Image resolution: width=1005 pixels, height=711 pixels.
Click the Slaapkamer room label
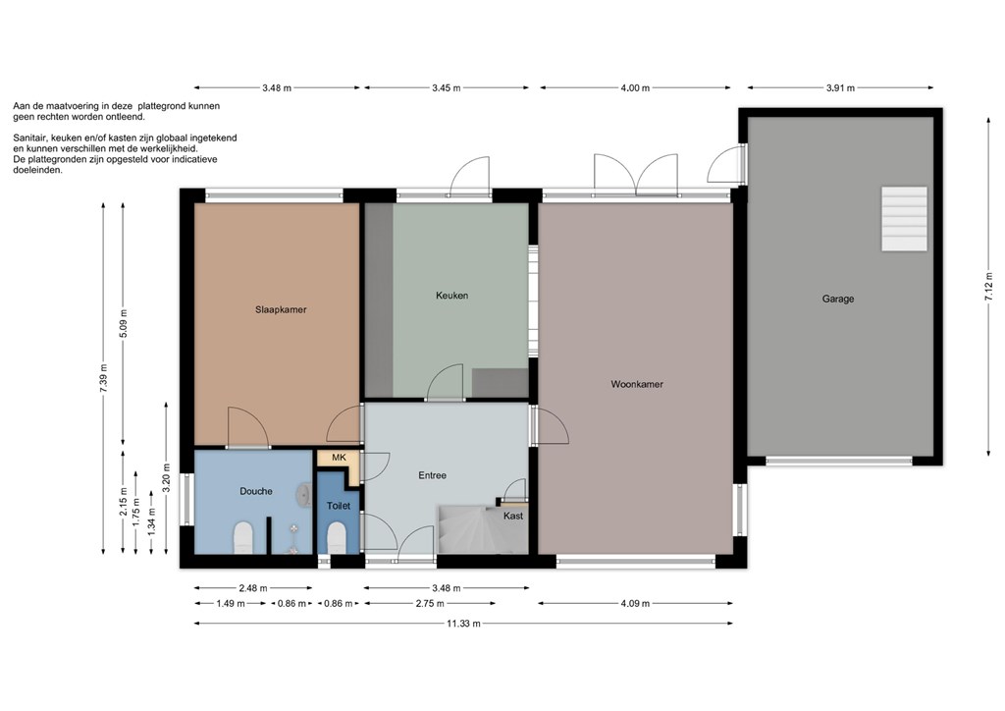tap(281, 309)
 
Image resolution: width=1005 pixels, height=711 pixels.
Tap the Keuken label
tap(451, 296)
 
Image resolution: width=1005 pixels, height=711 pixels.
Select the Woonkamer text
tap(636, 384)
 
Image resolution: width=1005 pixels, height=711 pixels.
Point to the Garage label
tap(838, 299)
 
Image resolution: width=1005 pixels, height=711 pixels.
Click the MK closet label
tap(339, 457)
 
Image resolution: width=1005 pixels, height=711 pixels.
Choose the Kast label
tap(512, 516)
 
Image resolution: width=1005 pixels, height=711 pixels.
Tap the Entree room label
tap(432, 475)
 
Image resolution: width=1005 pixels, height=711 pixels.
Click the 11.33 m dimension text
tap(463, 624)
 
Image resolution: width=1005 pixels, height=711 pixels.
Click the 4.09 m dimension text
tap(635, 603)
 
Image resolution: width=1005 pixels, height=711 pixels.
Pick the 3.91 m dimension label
tap(840, 87)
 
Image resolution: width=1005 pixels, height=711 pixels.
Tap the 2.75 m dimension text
tap(430, 603)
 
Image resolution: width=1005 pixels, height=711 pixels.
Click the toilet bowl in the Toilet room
tap(338, 538)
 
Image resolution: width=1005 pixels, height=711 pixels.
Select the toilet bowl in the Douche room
tap(243, 537)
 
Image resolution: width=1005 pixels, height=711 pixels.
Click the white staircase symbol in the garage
tap(904, 219)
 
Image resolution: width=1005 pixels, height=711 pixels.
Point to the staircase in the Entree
tap(472, 529)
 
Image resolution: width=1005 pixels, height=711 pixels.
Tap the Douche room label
tap(256, 491)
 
